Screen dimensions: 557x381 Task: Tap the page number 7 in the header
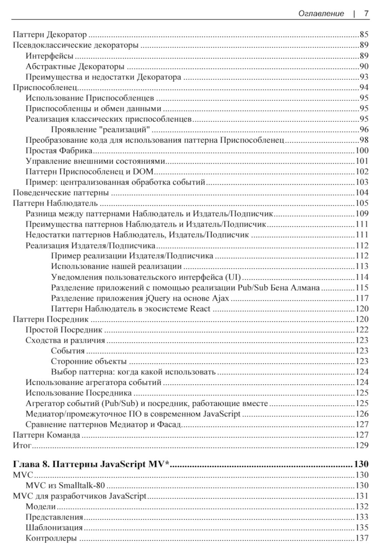pos(366,14)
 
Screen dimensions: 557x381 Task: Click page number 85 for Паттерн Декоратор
pos(363,35)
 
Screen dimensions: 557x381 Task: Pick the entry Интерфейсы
pos(50,56)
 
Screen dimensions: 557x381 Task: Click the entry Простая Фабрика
pos(59,150)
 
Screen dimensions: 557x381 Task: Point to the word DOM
pos(145,172)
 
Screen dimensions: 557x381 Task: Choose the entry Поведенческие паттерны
pos(61,193)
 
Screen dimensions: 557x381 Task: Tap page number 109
pos(362,214)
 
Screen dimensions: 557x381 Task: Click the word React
pos(200,309)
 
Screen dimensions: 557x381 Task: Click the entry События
pos(68,351)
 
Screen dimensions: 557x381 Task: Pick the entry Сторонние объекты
pos(89,361)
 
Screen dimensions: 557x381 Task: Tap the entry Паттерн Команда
pos(46,435)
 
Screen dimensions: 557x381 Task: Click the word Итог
pos(22,445)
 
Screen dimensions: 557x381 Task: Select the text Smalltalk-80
pos(82,486)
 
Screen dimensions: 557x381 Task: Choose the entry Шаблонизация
pos(54,528)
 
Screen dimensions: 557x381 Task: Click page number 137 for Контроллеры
pos(362,538)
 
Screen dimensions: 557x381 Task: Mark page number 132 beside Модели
pos(362,507)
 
